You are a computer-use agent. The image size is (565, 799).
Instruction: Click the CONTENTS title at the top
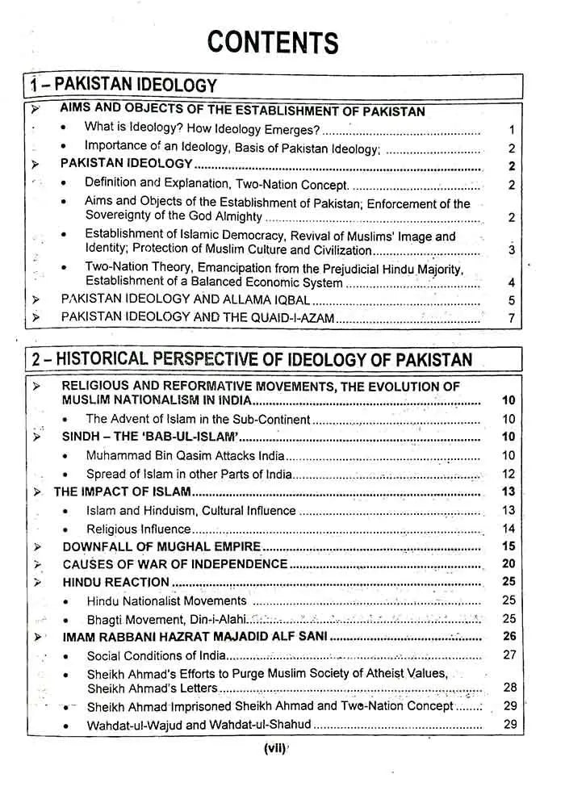coord(272,40)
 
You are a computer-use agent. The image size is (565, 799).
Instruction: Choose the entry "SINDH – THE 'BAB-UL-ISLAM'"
coord(152,437)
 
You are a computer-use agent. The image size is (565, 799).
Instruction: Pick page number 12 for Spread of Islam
coord(508,475)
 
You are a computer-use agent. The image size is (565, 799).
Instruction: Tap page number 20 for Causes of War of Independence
coord(508,564)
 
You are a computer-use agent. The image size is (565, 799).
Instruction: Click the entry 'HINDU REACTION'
coord(116,582)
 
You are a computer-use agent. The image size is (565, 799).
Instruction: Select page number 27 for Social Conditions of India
coord(508,655)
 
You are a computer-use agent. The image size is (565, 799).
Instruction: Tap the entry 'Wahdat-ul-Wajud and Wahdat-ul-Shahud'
coord(199,725)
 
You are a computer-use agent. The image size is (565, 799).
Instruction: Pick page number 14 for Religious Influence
coord(508,529)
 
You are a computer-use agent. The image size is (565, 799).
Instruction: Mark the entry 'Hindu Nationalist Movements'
coord(166,600)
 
